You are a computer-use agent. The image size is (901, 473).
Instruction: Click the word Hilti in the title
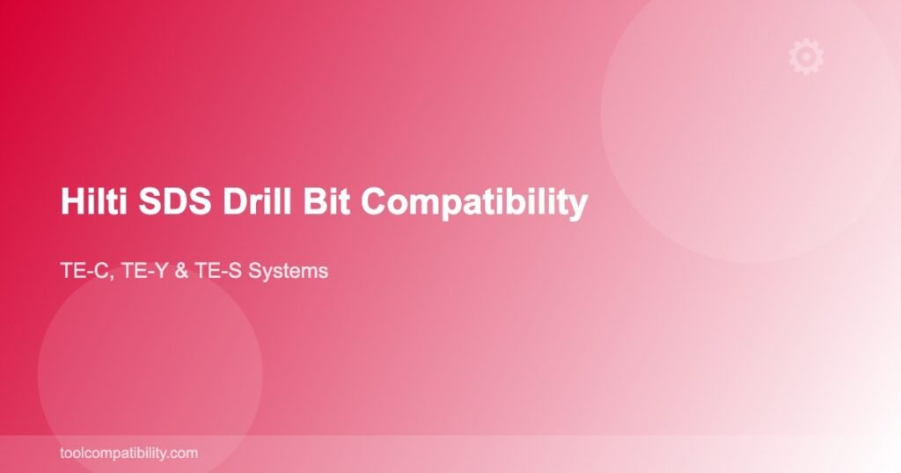[x=93, y=201]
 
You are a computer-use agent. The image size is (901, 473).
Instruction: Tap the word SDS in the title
[x=175, y=201]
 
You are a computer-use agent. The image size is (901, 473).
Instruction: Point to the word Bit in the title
[x=326, y=201]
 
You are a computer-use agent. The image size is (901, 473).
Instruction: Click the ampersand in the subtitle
[x=181, y=271]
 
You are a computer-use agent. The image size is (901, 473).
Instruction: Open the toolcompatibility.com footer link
[x=128, y=453]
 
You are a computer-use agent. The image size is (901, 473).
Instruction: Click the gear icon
[x=806, y=56]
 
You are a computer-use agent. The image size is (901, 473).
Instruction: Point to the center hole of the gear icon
[x=806, y=56]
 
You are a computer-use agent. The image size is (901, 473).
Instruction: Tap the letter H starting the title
[x=72, y=201]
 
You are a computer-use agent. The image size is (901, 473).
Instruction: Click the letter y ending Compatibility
[x=579, y=207]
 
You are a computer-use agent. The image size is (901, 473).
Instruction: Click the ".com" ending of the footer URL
[x=184, y=454]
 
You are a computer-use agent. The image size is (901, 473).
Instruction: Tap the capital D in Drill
[x=235, y=201]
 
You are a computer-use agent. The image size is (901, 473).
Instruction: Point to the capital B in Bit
[x=314, y=201]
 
